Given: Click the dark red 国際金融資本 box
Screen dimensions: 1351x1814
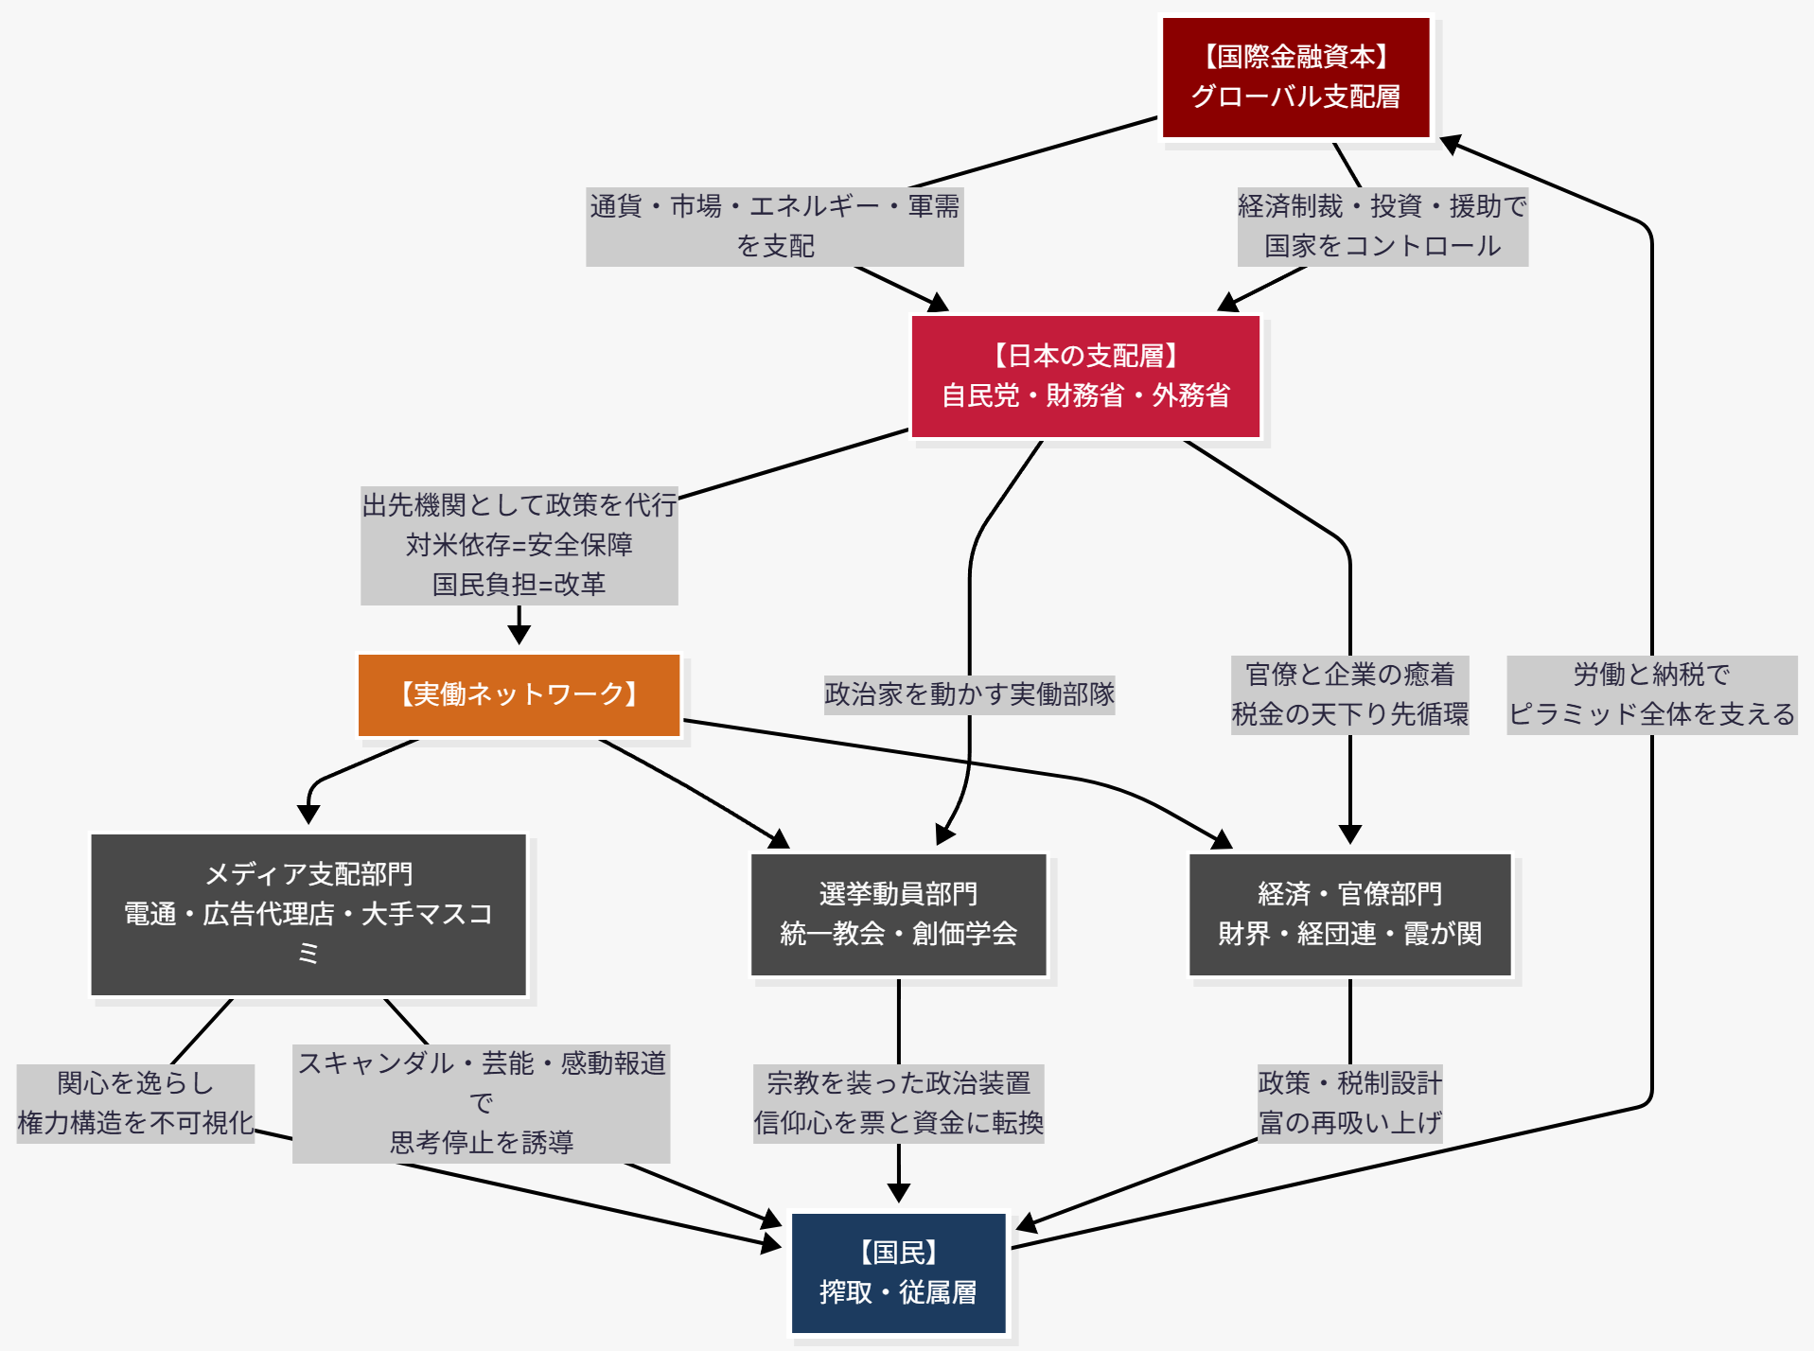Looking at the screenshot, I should (x=1294, y=78).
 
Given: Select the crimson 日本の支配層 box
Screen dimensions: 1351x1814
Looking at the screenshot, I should (x=1084, y=376).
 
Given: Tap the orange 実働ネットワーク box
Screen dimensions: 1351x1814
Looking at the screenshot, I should (x=519, y=694).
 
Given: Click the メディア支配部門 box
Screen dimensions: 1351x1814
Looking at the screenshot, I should (x=308, y=914).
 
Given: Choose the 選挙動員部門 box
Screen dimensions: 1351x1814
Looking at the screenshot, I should (x=898, y=914).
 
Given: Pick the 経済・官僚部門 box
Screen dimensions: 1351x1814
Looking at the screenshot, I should (x=1349, y=914).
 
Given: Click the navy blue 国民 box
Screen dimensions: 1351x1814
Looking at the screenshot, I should (x=898, y=1272).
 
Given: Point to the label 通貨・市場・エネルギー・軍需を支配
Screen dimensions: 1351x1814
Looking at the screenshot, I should (x=774, y=226).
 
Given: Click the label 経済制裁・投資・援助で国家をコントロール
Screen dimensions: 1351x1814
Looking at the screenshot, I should (x=1382, y=226).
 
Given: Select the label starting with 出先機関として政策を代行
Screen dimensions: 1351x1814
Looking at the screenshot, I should (x=519, y=545).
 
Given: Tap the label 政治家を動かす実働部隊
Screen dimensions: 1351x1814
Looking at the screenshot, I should (x=969, y=694).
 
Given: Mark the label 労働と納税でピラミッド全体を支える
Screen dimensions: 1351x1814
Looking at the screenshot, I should (x=1651, y=694).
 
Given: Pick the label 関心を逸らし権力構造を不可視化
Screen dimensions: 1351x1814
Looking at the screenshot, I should (x=135, y=1103).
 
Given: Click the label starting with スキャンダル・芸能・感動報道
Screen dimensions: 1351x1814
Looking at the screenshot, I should (x=481, y=1103).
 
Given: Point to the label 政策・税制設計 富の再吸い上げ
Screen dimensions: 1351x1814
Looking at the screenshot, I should (x=1349, y=1103).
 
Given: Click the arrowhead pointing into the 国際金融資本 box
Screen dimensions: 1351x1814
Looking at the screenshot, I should (x=1451, y=144).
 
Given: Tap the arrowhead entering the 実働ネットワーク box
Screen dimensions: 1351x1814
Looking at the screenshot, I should (x=519, y=634).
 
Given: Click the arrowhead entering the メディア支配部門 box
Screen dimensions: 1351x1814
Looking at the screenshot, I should (x=308, y=814).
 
